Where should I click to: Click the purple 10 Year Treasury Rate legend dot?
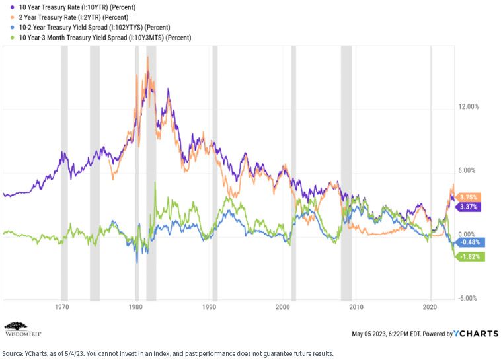point(12,7)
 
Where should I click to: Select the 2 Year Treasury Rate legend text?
point(73,17)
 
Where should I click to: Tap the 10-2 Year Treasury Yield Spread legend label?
point(95,28)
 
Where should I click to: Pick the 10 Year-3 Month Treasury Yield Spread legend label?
point(105,38)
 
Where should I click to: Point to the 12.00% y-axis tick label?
point(469,106)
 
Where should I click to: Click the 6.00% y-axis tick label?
point(467,170)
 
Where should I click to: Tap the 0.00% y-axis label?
point(467,235)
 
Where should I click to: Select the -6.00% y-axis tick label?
point(467,298)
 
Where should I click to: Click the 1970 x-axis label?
point(62,307)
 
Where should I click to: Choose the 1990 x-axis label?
point(209,307)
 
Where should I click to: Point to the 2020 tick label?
point(430,307)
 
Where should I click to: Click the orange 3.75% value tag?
point(468,197)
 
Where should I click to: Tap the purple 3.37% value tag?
point(468,207)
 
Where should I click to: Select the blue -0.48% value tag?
point(470,242)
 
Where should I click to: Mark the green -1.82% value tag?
point(470,256)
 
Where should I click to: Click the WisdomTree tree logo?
point(16,326)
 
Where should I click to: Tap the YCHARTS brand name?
point(476,334)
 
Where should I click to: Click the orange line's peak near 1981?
point(147,57)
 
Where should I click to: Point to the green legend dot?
point(12,38)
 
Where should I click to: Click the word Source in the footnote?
point(12,353)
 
